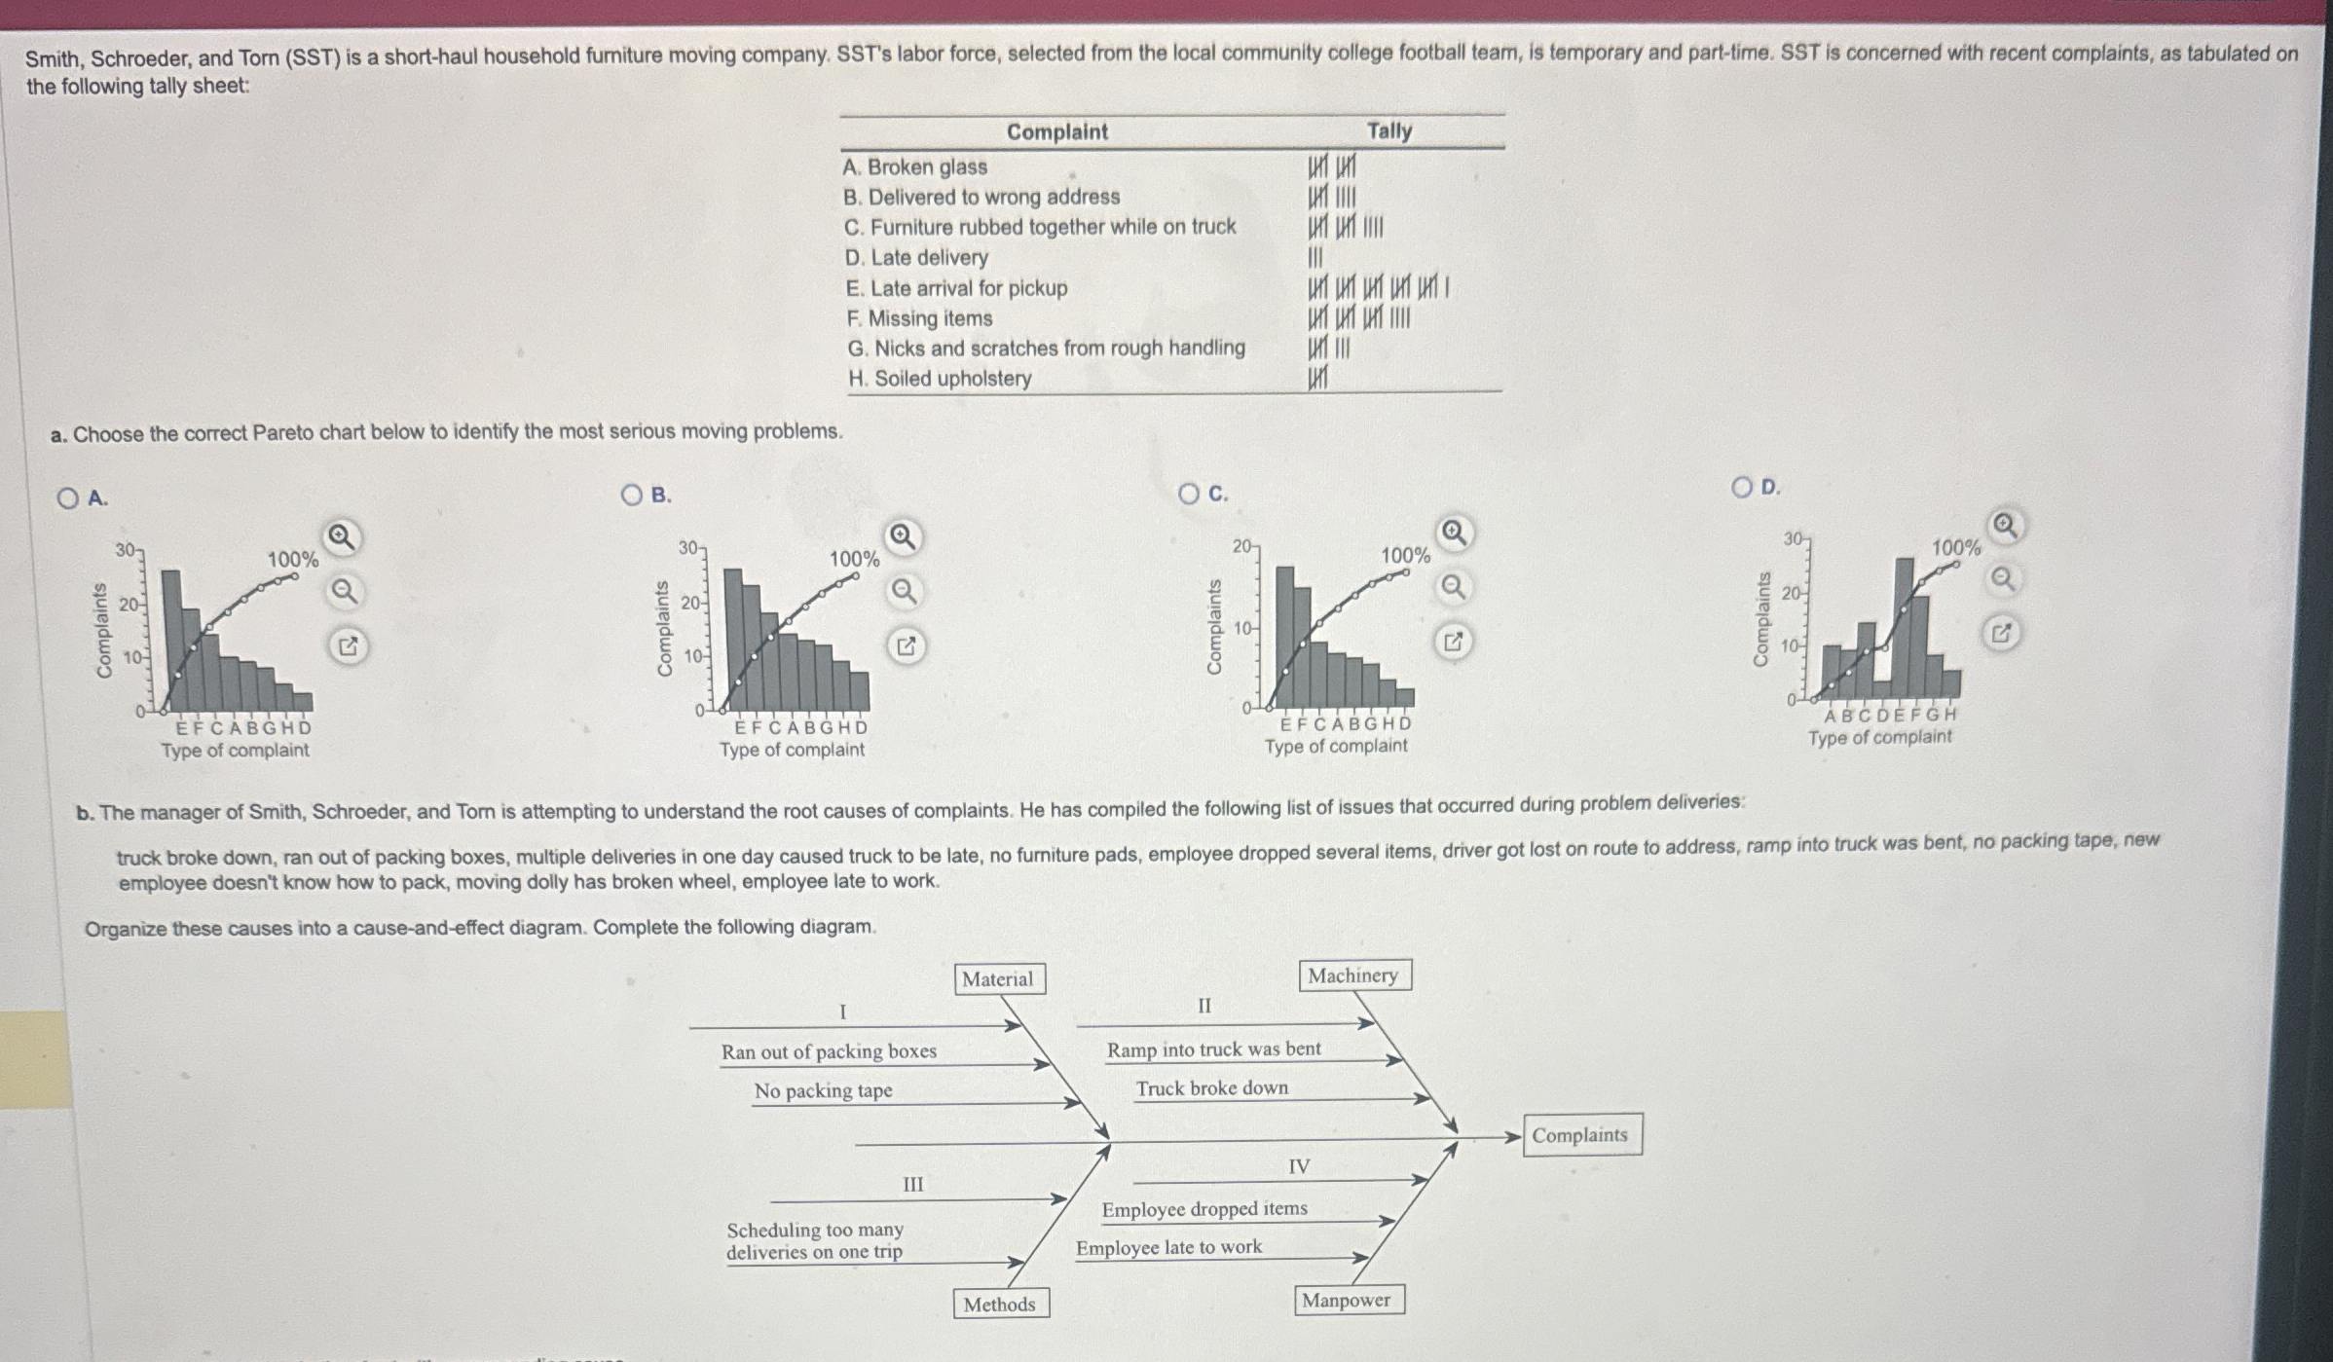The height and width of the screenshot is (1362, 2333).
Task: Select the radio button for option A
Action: [67, 498]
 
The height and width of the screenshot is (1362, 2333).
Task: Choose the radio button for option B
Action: [632, 496]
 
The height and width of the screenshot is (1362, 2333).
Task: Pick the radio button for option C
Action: [1189, 494]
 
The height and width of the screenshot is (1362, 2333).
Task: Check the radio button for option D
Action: [1742, 487]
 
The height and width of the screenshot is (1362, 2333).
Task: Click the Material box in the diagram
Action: [998, 979]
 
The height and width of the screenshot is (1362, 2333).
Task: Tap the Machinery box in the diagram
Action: [1352, 975]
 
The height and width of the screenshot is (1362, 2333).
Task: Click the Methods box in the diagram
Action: [999, 1305]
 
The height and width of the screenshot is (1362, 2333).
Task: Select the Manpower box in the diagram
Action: [1347, 1301]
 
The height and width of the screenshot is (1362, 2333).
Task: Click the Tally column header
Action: [1389, 130]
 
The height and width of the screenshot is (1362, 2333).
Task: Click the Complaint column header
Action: [1056, 131]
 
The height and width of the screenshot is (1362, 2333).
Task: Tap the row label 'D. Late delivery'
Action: [916, 258]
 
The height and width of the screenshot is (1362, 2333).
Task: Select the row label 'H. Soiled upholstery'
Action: [940, 379]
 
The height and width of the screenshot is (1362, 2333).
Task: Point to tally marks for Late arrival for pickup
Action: [1378, 288]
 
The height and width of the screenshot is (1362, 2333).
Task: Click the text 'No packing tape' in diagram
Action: [823, 1091]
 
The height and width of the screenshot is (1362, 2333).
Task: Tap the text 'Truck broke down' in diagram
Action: [1211, 1088]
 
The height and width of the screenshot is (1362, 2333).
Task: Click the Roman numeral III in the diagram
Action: [912, 1185]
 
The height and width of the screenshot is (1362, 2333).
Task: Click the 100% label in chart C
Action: [1405, 556]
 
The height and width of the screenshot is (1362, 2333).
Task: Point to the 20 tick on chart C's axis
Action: [1243, 547]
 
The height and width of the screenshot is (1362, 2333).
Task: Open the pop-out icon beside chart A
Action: [348, 645]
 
